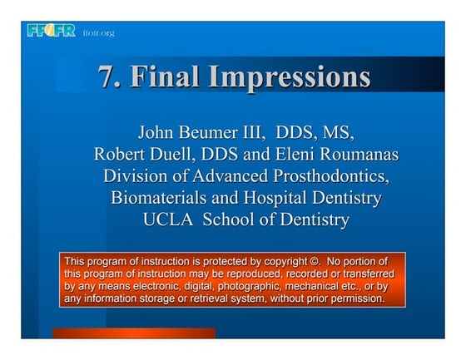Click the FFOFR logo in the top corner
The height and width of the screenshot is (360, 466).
52,32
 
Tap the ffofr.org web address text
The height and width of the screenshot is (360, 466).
98,33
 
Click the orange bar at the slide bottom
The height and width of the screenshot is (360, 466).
133,333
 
